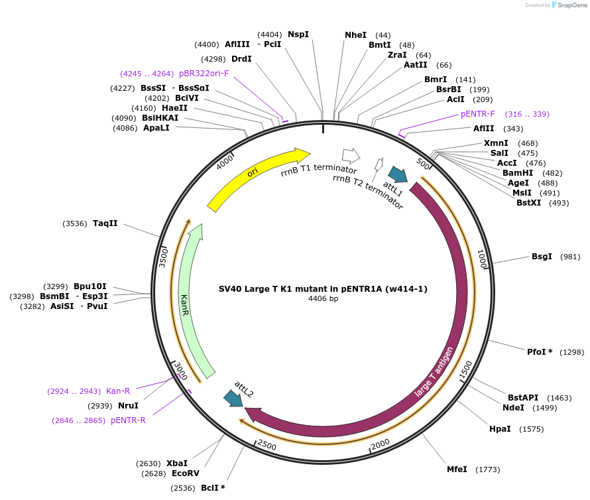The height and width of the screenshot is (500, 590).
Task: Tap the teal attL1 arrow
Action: [398, 174]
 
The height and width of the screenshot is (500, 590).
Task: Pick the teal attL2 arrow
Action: [233, 398]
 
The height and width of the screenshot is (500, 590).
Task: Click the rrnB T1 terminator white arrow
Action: [350, 156]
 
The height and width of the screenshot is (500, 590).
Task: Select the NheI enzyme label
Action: [355, 35]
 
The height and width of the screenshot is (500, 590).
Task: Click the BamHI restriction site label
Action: [518, 173]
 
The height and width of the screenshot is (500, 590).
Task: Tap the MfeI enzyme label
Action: [457, 469]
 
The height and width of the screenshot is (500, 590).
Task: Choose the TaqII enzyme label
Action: [105, 223]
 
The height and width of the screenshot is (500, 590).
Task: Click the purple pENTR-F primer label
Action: [478, 114]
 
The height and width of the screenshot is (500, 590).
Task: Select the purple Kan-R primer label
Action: [118, 391]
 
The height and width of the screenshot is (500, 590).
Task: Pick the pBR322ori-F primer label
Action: [204, 74]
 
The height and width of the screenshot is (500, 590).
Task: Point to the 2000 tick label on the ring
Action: [381, 444]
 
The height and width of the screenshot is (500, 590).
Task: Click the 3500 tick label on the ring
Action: [164, 256]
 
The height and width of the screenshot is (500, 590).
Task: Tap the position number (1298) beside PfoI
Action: [572, 352]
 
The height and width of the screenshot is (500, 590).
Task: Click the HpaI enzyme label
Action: [500, 429]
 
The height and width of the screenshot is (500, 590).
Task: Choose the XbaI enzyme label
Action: [177, 464]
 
